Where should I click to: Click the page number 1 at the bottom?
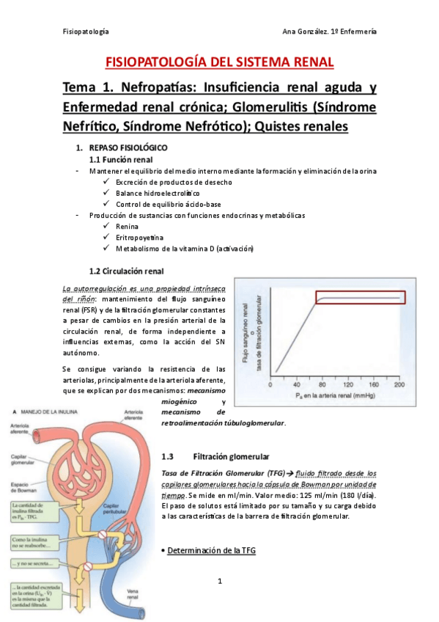point(219,582)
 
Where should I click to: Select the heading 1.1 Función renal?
point(121,159)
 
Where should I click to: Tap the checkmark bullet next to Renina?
point(108,227)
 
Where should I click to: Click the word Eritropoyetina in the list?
point(140,238)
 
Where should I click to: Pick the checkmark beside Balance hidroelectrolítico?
point(108,193)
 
